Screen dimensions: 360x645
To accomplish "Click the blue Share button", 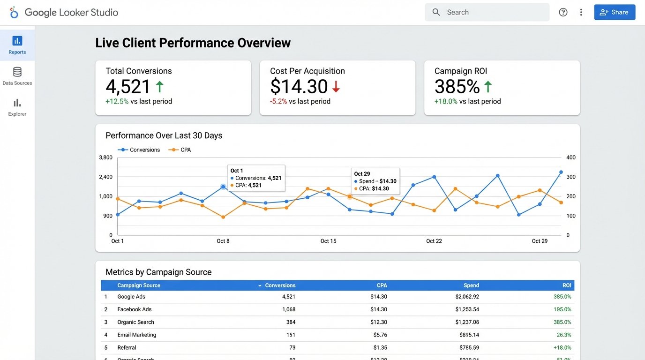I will coord(615,12).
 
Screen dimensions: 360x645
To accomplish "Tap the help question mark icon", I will coord(563,12).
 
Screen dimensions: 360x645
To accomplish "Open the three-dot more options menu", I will coord(581,12).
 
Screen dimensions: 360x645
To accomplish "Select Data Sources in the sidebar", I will coord(17,76).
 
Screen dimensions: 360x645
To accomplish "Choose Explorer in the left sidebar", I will coord(17,107).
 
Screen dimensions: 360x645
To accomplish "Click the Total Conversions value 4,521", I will coord(128,87).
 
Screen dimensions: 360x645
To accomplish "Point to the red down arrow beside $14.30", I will coord(336,87).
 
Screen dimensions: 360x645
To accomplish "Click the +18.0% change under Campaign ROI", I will coord(446,101).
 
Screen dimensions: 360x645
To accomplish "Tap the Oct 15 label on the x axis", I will coord(328,241).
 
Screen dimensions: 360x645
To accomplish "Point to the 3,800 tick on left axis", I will coord(106,157).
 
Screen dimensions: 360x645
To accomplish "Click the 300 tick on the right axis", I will coord(571,177).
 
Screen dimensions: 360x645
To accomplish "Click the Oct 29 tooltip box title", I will coord(362,174).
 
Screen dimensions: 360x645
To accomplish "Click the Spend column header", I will coord(471,285).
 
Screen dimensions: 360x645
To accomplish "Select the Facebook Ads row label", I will coord(134,309).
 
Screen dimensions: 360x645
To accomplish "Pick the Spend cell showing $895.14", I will coord(469,335).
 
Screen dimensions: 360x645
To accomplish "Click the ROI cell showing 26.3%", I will coord(564,335).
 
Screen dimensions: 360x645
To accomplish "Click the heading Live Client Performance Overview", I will coord(193,43).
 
